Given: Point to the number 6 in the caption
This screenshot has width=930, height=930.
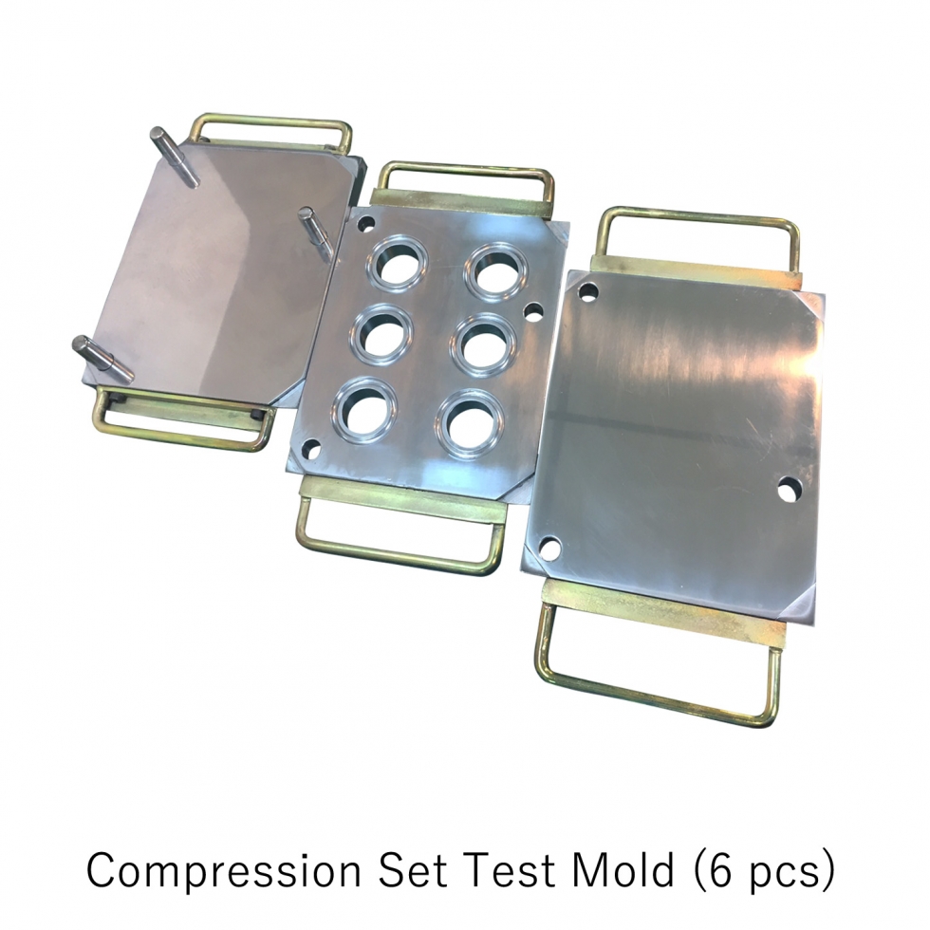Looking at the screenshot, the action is [x=720, y=868].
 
